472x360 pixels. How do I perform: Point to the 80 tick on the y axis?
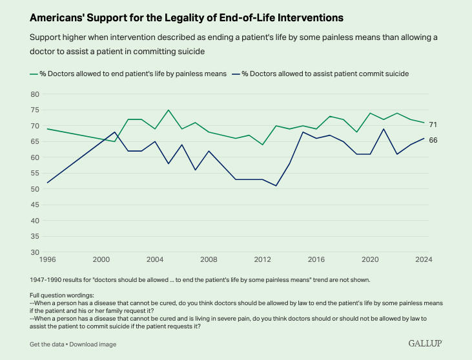[35, 94]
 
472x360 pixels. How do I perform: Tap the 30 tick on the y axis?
[35, 252]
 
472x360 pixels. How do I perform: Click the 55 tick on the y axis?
[35, 174]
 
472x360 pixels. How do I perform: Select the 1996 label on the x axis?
[46, 260]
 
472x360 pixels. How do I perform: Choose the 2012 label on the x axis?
[262, 260]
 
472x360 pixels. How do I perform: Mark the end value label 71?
[433, 124]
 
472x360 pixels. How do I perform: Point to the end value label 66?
[433, 139]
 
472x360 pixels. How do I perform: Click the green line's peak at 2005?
[168, 110]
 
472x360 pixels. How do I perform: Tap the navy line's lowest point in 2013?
[276, 186]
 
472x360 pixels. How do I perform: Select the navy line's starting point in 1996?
[46, 183]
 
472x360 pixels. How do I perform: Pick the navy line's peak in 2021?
[384, 129]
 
